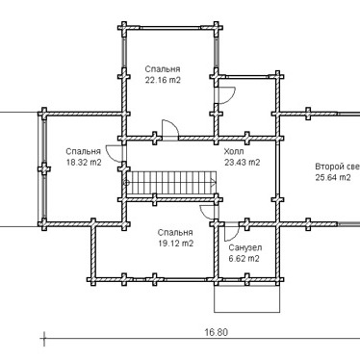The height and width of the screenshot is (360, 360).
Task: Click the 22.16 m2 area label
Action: point(163,80)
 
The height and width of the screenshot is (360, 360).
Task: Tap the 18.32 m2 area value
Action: point(84,163)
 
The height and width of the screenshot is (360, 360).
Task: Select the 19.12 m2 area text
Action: point(176,244)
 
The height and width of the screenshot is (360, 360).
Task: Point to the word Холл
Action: point(234,151)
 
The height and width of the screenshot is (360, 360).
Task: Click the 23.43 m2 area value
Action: point(242,163)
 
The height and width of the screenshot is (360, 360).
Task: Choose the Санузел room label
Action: point(244,247)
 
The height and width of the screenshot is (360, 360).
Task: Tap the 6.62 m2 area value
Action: point(244,259)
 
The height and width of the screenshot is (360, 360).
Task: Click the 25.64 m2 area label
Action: point(333,177)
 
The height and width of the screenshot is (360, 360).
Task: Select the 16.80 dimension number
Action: point(217,332)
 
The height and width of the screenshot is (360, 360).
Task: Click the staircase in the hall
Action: point(171,183)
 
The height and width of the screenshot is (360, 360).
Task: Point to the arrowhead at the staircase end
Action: point(214,183)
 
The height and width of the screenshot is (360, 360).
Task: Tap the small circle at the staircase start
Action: point(126,183)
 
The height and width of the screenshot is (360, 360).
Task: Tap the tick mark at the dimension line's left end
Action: point(43,338)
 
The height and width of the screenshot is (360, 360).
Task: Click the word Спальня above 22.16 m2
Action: point(163,69)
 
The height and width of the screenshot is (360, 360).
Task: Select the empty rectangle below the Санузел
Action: point(247,298)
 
